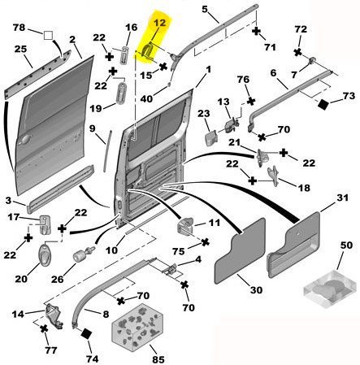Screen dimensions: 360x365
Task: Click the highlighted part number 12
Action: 159,23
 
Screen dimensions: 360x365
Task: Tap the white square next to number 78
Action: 48,36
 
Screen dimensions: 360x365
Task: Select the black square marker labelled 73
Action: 323,104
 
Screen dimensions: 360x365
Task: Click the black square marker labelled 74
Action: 86,333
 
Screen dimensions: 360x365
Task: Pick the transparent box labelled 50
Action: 330,289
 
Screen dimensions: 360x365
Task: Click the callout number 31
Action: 342,198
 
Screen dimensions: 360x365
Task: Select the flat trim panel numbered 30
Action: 240,250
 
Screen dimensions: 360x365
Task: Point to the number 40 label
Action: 146,99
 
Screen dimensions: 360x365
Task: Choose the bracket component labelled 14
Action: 54,316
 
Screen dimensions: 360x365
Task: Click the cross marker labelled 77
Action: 44,328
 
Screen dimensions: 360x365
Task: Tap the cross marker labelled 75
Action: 206,242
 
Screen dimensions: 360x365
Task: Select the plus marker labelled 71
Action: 256,31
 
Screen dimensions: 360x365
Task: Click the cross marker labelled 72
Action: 298,52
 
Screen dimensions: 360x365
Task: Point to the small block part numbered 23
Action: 211,138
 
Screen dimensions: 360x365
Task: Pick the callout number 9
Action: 93,128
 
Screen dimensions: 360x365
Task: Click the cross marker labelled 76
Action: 251,102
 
